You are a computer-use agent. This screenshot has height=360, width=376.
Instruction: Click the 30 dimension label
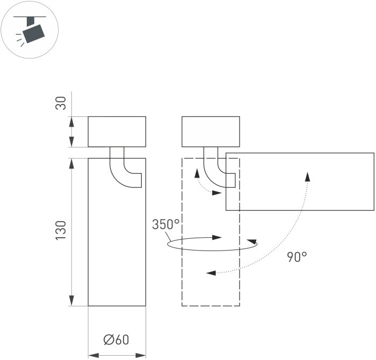62,102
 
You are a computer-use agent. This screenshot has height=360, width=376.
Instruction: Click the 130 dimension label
62,230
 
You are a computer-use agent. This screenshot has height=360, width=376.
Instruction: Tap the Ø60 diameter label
117,340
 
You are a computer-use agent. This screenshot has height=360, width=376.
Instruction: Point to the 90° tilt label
297,257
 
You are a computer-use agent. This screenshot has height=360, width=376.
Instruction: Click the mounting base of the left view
117,131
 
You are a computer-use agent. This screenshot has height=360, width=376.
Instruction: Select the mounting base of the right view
211,131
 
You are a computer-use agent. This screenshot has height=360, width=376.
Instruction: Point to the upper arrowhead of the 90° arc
308,177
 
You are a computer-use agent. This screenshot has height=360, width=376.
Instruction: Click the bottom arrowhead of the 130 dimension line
73,301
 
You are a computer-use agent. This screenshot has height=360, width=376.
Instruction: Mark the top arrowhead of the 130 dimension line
73,163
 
